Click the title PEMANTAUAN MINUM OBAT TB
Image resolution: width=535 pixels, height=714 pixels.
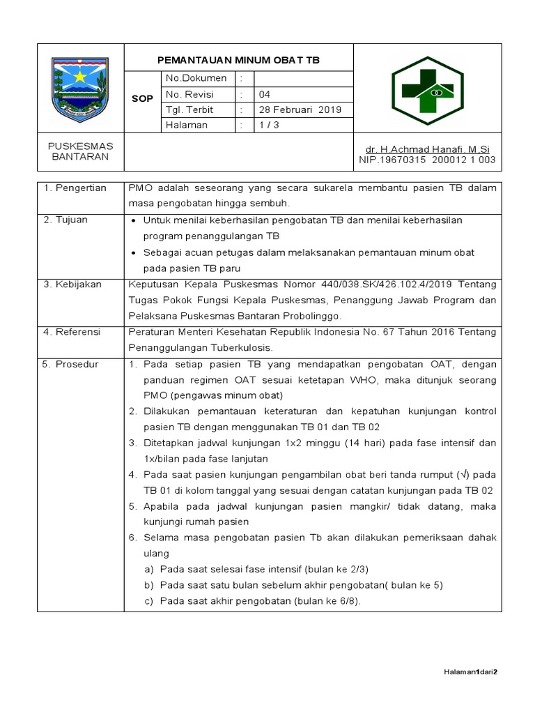(238, 60)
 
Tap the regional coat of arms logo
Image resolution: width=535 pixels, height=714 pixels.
(80, 89)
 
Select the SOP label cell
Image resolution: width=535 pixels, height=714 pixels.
(142, 99)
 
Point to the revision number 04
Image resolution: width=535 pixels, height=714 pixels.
(265, 94)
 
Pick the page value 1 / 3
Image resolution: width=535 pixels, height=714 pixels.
(269, 125)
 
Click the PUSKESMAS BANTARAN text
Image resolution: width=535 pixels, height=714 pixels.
(80, 151)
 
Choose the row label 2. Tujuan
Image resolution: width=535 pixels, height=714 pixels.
(65, 220)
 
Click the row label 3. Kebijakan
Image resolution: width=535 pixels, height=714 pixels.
(72, 284)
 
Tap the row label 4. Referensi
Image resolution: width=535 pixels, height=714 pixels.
(72, 332)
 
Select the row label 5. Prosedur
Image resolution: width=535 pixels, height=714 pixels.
(70, 365)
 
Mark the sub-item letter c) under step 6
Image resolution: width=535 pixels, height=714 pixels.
(148, 601)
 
